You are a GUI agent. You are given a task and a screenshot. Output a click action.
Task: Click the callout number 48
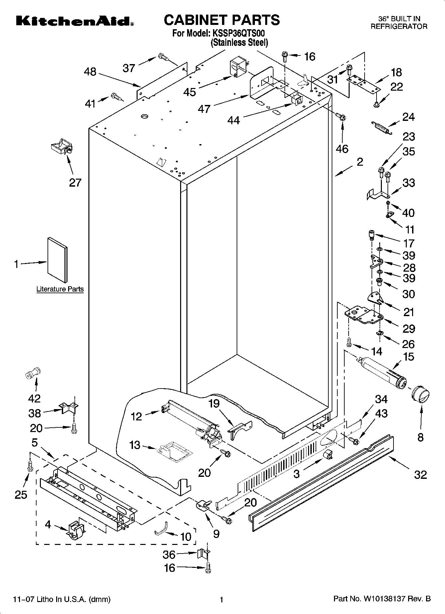point(90,72)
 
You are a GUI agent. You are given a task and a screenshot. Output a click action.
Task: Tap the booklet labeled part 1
point(57,260)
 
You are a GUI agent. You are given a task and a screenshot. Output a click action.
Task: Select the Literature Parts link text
point(60,289)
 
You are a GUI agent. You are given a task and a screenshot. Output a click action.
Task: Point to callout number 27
point(75,183)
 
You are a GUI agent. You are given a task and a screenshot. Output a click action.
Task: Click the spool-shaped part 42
point(33,374)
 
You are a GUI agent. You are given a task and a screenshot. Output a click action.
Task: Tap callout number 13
point(135,445)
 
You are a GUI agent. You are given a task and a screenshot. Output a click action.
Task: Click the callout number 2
point(360,162)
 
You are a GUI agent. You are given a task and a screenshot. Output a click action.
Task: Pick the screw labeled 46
point(341,117)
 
